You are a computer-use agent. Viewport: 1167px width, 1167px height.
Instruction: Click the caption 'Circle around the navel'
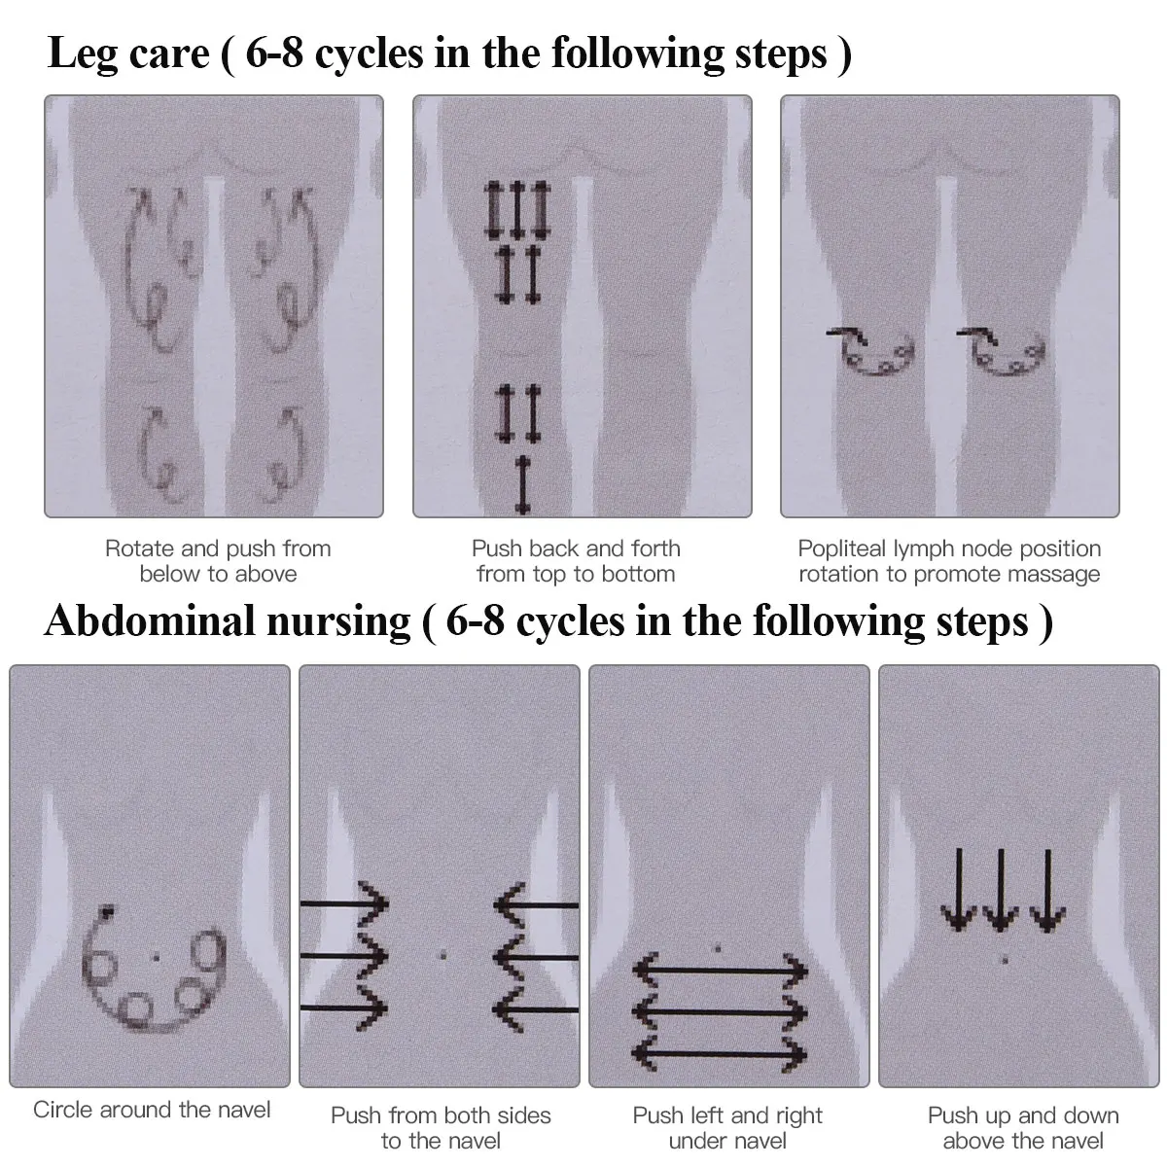click(x=152, y=1110)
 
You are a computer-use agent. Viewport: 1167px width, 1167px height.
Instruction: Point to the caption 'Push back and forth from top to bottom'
click(x=576, y=561)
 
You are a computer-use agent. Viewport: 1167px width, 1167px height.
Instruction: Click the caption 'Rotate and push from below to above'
click(x=218, y=561)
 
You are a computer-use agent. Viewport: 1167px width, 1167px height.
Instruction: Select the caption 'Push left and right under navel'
click(x=727, y=1128)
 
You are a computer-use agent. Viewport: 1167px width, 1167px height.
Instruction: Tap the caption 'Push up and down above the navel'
click(x=1023, y=1128)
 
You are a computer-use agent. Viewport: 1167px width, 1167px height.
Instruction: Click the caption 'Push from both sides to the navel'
click(x=441, y=1128)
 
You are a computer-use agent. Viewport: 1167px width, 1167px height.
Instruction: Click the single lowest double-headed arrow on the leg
click(x=522, y=484)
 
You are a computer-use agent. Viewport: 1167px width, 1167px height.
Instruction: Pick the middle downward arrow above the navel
click(x=1002, y=891)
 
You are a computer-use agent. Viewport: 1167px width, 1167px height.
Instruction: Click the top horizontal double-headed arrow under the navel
click(x=721, y=970)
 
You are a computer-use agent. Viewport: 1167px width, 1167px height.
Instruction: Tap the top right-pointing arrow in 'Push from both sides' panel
click(x=345, y=904)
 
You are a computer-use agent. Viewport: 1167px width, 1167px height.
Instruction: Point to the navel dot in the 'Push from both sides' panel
click(x=443, y=955)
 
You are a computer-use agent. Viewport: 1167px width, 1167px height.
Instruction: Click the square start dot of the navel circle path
click(x=107, y=911)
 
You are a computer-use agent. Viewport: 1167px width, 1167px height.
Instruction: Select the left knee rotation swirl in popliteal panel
click(x=872, y=352)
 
